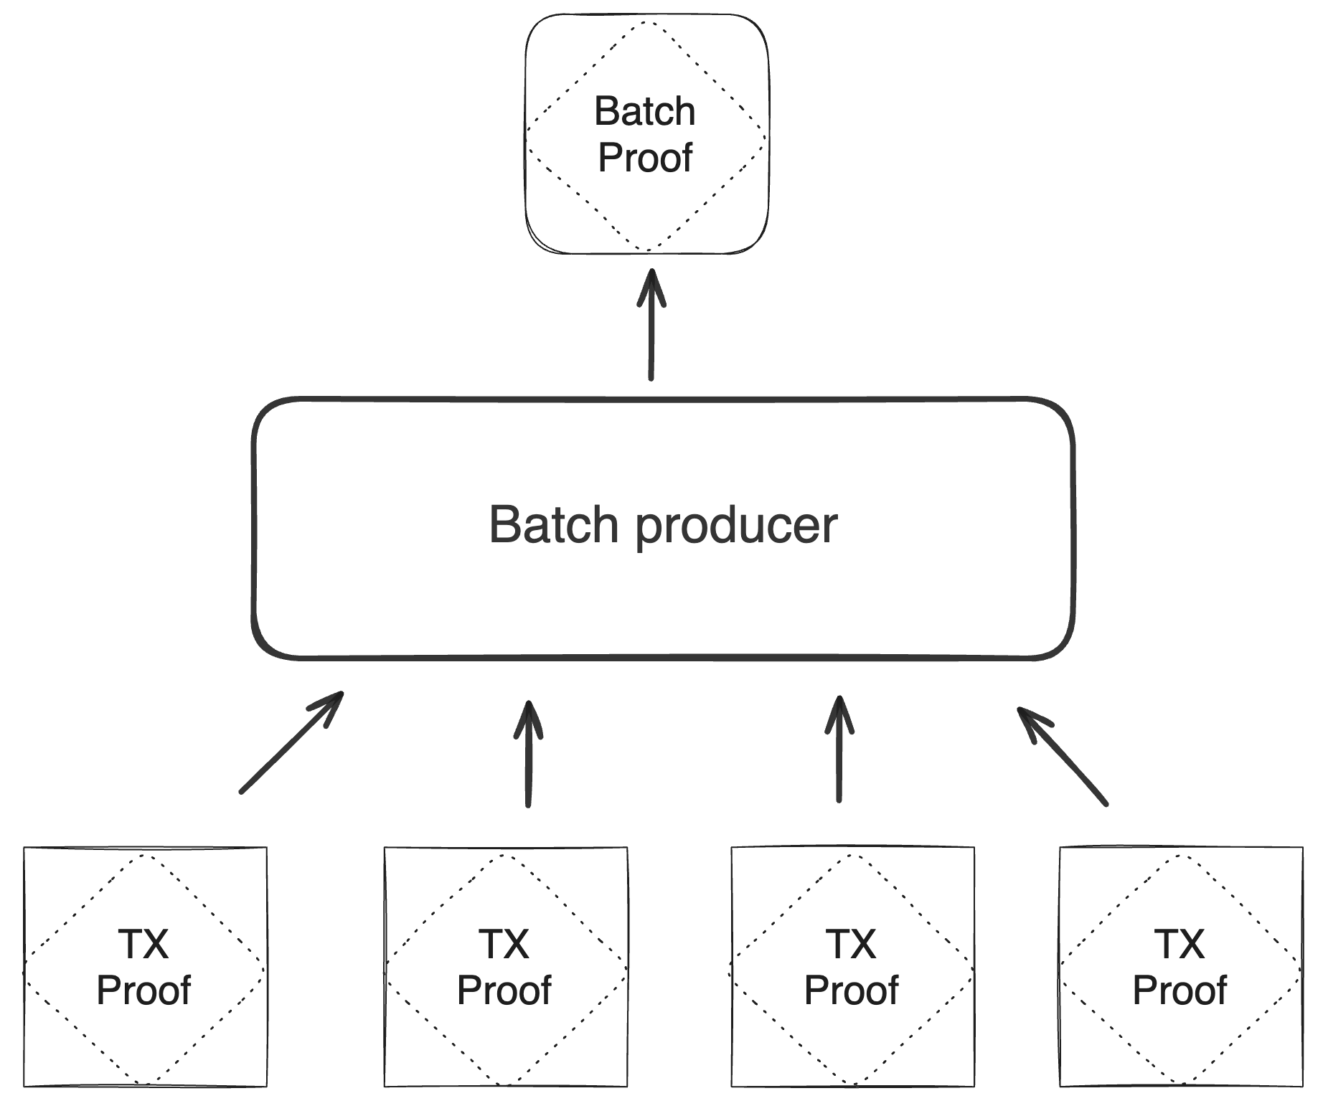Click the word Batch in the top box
pos(644,112)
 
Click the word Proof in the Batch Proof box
pos(644,158)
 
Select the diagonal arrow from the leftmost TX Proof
pos(290,743)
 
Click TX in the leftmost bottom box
pos(143,945)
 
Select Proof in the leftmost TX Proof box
pos(143,991)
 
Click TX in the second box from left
pos(504,945)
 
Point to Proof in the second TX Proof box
pos(504,991)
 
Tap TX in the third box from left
pos(851,945)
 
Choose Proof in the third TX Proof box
pos(851,991)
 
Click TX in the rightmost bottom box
pos(1180,945)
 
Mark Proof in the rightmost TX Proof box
pos(1180,991)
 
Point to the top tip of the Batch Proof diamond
pos(646,23)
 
